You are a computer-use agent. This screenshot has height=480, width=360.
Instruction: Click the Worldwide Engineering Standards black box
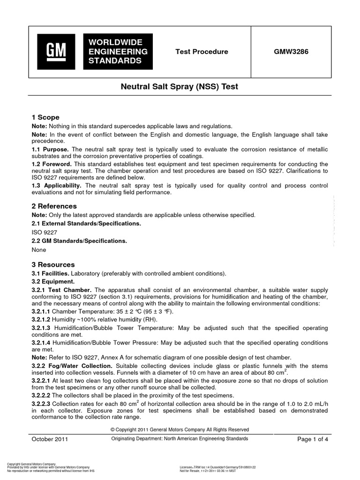117,52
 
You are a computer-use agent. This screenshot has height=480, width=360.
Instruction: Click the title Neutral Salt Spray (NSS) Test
180,87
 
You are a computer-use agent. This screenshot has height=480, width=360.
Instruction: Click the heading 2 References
54,206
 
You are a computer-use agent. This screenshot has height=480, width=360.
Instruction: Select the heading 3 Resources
53,264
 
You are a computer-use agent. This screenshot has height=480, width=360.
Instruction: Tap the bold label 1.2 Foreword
52,164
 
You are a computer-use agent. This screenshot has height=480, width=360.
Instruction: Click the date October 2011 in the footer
50,439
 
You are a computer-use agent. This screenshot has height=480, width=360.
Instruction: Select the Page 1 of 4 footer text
313,439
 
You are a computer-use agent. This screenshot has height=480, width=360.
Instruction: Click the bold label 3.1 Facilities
50,273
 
